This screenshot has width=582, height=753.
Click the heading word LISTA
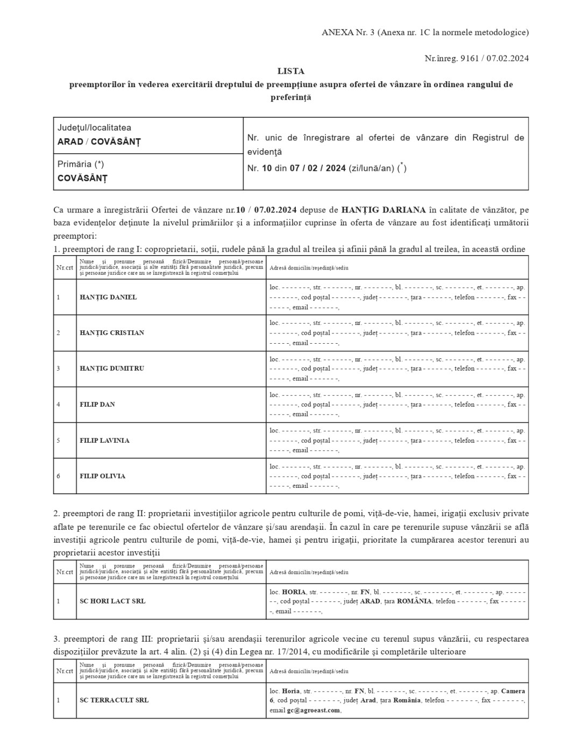click(x=290, y=71)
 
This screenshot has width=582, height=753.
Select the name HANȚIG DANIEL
click(x=108, y=297)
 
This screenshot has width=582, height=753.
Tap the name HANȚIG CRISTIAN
click(x=112, y=332)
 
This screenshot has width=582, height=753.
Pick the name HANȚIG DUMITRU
click(x=112, y=368)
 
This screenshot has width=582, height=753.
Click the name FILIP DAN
click(x=97, y=404)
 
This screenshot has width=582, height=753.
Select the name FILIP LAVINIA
click(x=104, y=441)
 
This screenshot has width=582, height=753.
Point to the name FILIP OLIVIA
click(x=102, y=476)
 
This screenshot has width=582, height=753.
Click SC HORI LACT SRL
click(x=112, y=601)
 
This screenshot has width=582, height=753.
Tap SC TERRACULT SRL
click(x=114, y=700)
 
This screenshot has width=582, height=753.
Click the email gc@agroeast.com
click(x=314, y=710)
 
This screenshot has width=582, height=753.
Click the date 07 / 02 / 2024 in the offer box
click(x=317, y=168)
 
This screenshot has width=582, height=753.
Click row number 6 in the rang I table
click(x=59, y=476)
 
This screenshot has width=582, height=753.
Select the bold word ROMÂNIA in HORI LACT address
click(x=414, y=601)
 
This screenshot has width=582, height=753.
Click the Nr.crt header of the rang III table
click(x=65, y=671)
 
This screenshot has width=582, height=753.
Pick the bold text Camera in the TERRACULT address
click(x=513, y=691)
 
